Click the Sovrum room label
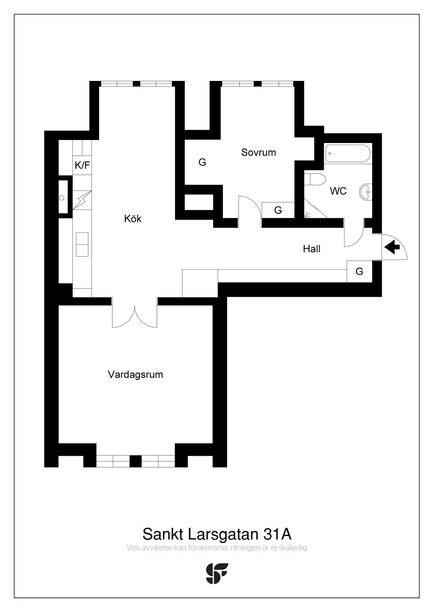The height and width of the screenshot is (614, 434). pyautogui.click(x=259, y=152)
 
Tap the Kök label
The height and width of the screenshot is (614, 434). pyautogui.click(x=133, y=219)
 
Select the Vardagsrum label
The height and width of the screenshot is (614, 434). pyautogui.click(x=135, y=374)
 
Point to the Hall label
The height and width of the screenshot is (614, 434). pyautogui.click(x=312, y=249)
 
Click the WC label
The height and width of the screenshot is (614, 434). pyautogui.click(x=338, y=191)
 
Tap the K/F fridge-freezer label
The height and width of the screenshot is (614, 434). pyautogui.click(x=82, y=165)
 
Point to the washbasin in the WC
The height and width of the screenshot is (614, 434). pyautogui.click(x=365, y=192)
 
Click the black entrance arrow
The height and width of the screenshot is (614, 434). pyautogui.click(x=392, y=247)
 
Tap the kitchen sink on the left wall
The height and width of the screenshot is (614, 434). pyautogui.click(x=63, y=197)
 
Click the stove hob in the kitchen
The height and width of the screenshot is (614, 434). pyautogui.click(x=82, y=244)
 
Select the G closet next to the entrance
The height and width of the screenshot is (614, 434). pyautogui.click(x=359, y=271)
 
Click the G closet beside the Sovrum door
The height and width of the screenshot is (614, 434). pyautogui.click(x=278, y=210)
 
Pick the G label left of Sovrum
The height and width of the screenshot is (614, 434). pyautogui.click(x=202, y=162)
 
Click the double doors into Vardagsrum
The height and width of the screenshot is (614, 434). pyautogui.click(x=135, y=316)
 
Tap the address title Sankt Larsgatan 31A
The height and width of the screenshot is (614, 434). pyautogui.click(x=217, y=533)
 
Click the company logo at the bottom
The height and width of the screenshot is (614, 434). pyautogui.click(x=217, y=573)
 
